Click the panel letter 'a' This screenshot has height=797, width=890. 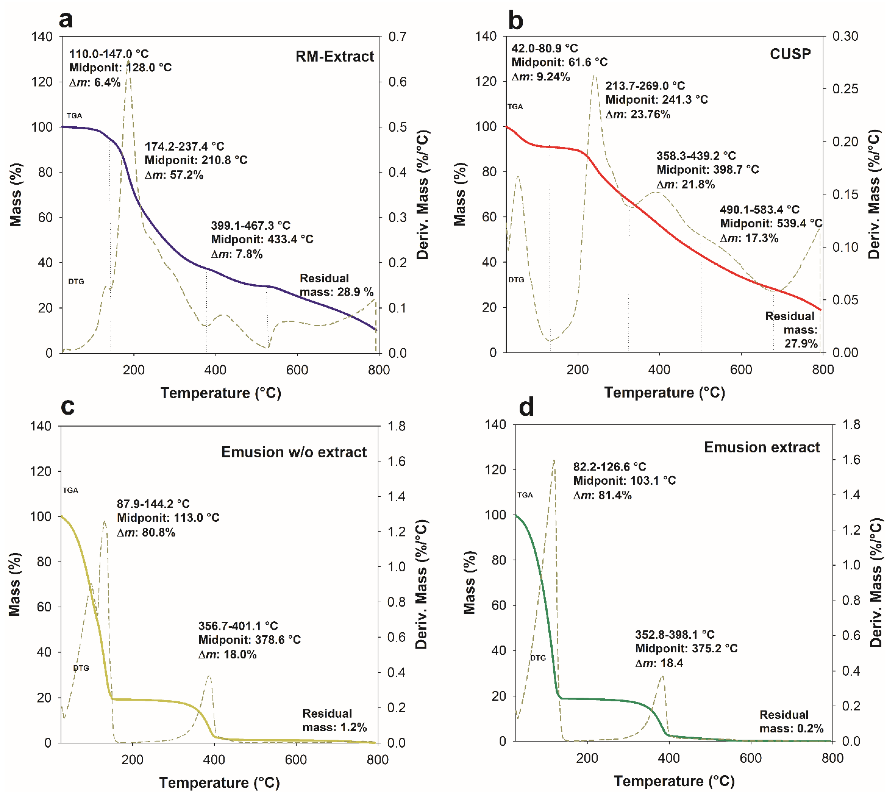point(66,20)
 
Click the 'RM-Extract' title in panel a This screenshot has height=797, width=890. point(335,56)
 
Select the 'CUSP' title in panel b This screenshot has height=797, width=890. point(790,54)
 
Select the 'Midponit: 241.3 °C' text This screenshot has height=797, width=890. point(656,100)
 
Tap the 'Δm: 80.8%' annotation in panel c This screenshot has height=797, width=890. point(146,533)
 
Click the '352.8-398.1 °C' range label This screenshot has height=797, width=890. point(675,635)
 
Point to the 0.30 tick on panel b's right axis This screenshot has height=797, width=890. point(845,36)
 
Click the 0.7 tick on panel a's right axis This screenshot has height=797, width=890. point(397,36)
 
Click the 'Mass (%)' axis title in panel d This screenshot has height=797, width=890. point(469,582)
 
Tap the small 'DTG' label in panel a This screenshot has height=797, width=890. point(76,281)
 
